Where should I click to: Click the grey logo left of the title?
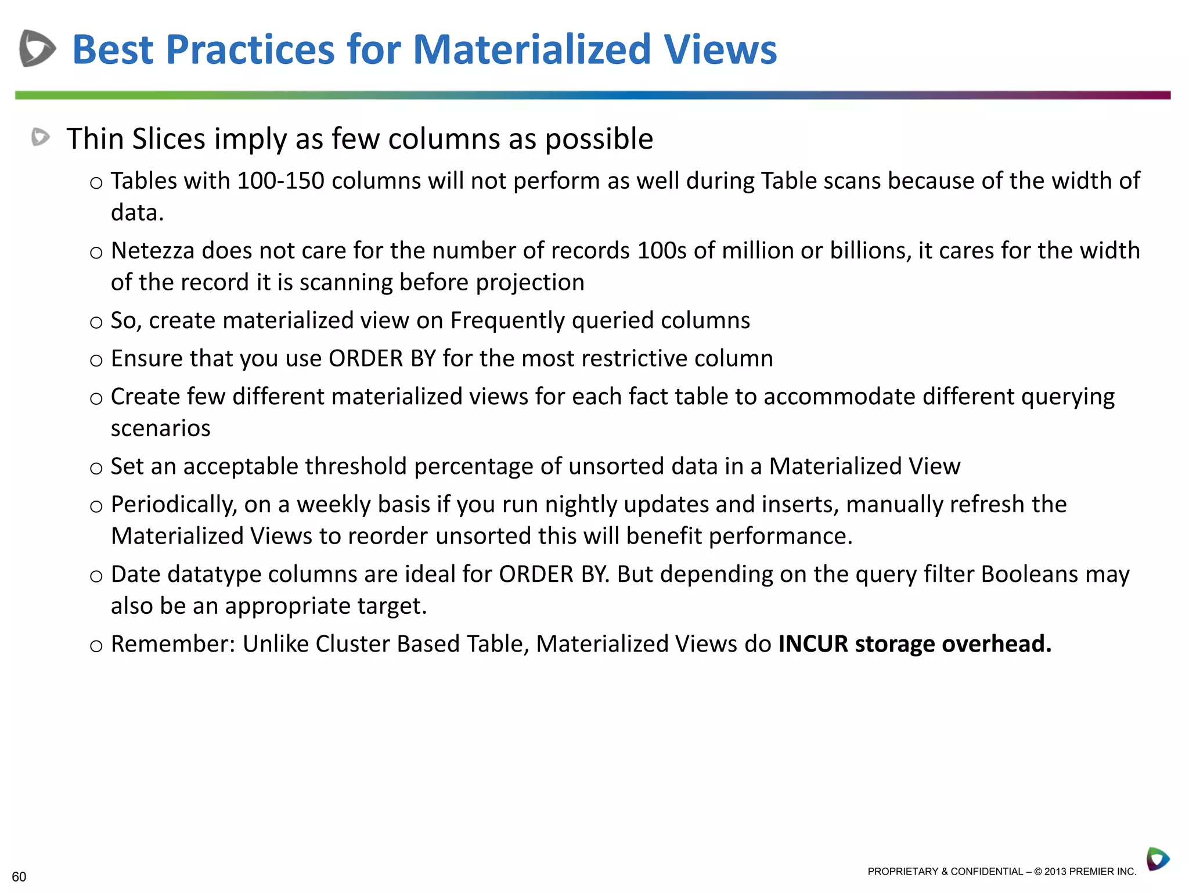point(37,48)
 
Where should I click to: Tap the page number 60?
point(19,876)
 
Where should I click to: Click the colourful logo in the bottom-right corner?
point(1158,859)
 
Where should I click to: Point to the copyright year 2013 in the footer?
point(1055,871)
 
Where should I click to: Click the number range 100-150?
point(280,181)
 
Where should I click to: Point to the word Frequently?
point(507,321)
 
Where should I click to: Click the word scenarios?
point(160,428)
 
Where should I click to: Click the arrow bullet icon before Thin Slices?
point(41,137)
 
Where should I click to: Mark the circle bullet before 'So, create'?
point(96,322)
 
